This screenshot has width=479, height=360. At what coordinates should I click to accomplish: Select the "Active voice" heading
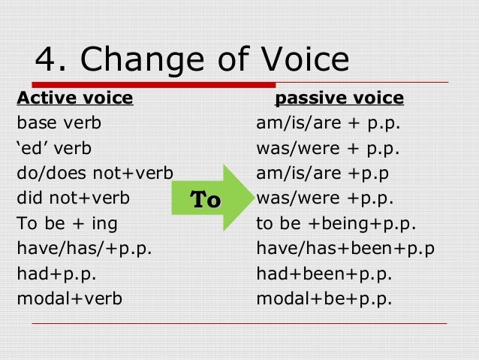[74, 98]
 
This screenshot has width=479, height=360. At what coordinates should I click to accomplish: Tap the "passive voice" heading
[339, 98]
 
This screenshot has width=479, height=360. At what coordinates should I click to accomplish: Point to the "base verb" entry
[59, 123]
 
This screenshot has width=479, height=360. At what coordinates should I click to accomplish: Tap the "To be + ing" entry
[67, 224]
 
